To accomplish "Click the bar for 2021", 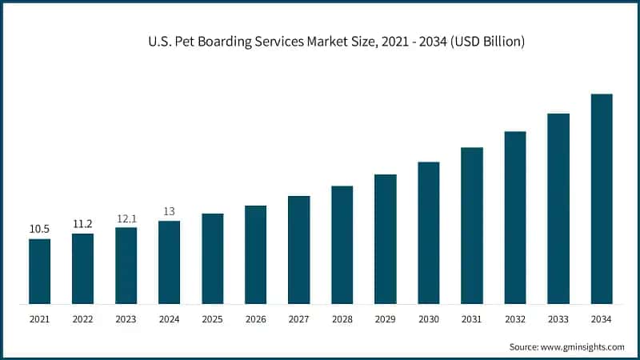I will pyautogui.click(x=39, y=271).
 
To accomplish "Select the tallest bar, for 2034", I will pyautogui.click(x=601, y=199).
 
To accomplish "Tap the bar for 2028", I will pyautogui.click(x=342, y=245).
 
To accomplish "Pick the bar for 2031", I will pyautogui.click(x=471, y=226).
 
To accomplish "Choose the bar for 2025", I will pyautogui.click(x=212, y=258).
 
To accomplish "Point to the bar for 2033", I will pyautogui.click(x=558, y=209).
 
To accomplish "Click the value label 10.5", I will pyautogui.click(x=39, y=230).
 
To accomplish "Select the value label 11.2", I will pyautogui.click(x=82, y=224).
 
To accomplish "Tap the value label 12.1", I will pyautogui.click(x=126, y=218).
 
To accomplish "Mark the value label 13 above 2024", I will pyautogui.click(x=169, y=211).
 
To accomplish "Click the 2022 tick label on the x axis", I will pyautogui.click(x=82, y=319).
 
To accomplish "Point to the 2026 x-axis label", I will pyautogui.click(x=255, y=319).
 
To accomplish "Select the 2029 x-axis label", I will pyautogui.click(x=385, y=319).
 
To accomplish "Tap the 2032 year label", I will pyautogui.click(x=514, y=319).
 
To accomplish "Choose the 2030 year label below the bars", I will pyautogui.click(x=428, y=319).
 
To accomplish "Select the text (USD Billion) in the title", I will pyautogui.click(x=484, y=42).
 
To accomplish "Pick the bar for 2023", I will pyautogui.click(x=126, y=266).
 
